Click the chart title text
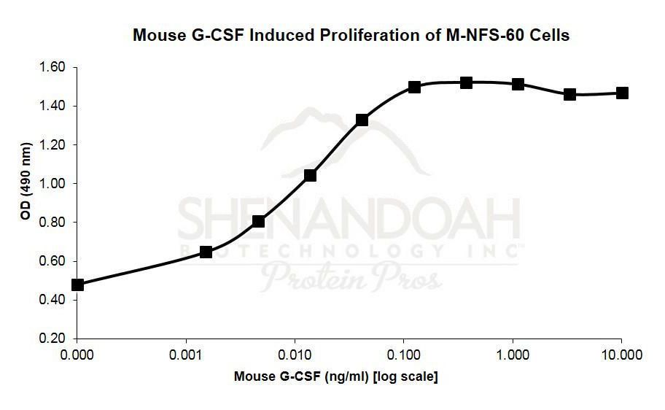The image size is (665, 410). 351,34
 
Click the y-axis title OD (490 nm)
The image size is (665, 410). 26,202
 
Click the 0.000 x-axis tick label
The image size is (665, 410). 77,355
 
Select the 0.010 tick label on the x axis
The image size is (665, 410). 295,355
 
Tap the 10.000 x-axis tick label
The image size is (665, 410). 621,355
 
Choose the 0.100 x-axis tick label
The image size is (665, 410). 404,355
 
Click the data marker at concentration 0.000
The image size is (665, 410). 78,285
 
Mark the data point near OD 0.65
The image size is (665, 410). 206,252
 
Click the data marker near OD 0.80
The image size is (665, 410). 258,221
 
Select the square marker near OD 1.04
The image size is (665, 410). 310,175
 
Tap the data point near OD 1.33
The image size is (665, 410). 362,120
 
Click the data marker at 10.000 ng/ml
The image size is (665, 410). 622,93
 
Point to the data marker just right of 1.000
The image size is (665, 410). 518,84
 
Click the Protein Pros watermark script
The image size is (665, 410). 351,277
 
